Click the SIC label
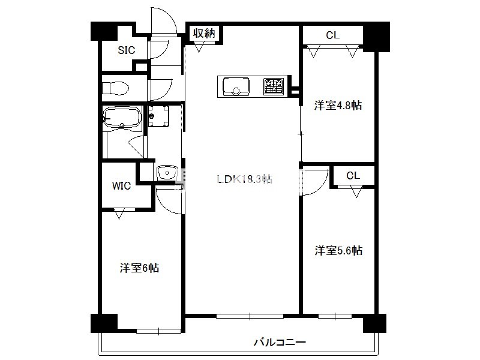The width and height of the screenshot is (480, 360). [x=127, y=50]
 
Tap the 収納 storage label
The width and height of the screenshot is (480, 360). [x=204, y=33]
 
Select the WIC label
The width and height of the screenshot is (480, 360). [x=121, y=185]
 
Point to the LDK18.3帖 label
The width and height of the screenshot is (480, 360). [x=244, y=179]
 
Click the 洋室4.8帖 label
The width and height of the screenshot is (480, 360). [x=338, y=106]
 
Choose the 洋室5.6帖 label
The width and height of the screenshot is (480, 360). [x=338, y=250]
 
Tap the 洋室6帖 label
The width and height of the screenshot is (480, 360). [x=139, y=268]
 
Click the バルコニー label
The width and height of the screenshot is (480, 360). [x=280, y=342]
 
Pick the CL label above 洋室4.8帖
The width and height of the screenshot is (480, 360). [x=333, y=35]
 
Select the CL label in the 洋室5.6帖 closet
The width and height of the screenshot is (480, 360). [x=353, y=175]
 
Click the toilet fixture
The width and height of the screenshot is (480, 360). [x=115, y=88]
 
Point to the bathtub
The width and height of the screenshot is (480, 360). [x=122, y=116]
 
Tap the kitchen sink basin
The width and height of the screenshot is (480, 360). [x=236, y=86]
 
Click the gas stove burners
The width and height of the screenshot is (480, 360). [x=274, y=86]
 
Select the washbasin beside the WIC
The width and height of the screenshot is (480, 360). [x=167, y=173]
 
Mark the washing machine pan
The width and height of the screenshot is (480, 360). [x=158, y=116]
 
